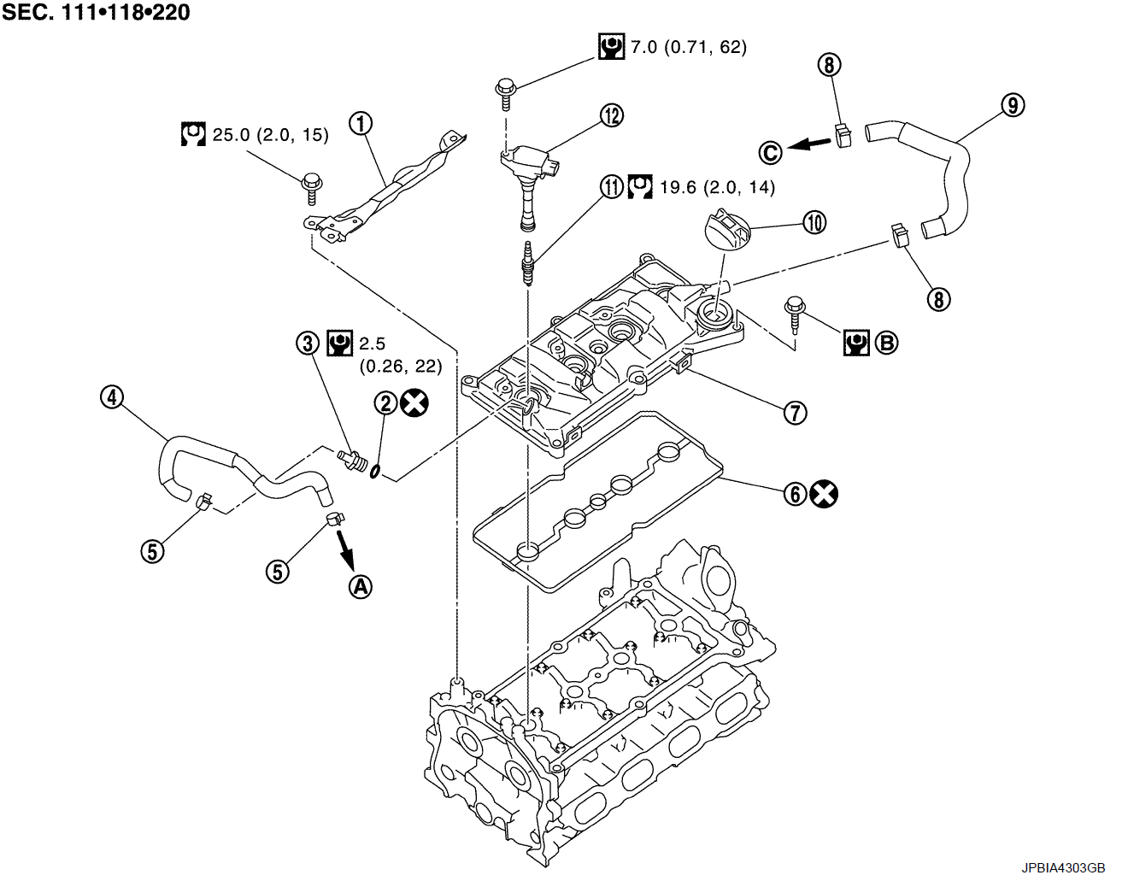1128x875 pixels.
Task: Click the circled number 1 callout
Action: pyautogui.click(x=361, y=124)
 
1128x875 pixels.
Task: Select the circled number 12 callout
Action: pyautogui.click(x=612, y=115)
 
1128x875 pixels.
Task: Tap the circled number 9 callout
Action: pyautogui.click(x=1012, y=105)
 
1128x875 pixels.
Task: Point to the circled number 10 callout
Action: pyautogui.click(x=814, y=222)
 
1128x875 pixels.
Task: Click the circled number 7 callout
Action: pyautogui.click(x=795, y=413)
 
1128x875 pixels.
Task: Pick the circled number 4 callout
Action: pyautogui.click(x=112, y=396)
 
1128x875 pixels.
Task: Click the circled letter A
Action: pyautogui.click(x=361, y=586)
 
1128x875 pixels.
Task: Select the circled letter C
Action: pyautogui.click(x=771, y=152)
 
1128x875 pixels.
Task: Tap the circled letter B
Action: pyautogui.click(x=887, y=344)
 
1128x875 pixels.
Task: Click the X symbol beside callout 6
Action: pyautogui.click(x=824, y=493)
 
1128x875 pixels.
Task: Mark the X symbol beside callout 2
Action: pyautogui.click(x=414, y=402)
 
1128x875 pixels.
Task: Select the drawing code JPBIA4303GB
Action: pyautogui.click(x=1063, y=866)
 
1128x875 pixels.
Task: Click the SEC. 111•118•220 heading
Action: pyautogui.click(x=96, y=12)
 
